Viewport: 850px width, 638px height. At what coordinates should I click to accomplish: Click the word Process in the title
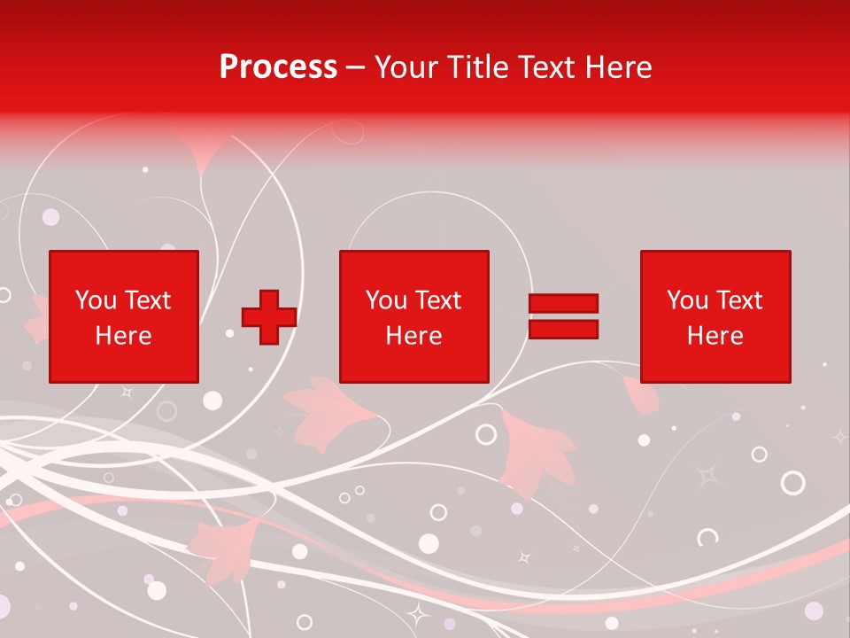(x=278, y=67)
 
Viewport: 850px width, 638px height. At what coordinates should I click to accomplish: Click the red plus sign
(x=269, y=317)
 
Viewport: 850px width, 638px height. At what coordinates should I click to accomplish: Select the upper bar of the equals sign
(x=563, y=303)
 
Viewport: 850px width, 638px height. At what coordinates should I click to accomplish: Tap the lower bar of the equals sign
(x=563, y=330)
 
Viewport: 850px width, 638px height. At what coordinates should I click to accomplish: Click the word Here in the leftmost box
(x=123, y=336)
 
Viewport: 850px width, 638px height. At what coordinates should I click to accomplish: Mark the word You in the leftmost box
(x=95, y=300)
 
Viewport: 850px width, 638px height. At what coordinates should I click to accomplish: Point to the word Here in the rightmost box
(x=715, y=336)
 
